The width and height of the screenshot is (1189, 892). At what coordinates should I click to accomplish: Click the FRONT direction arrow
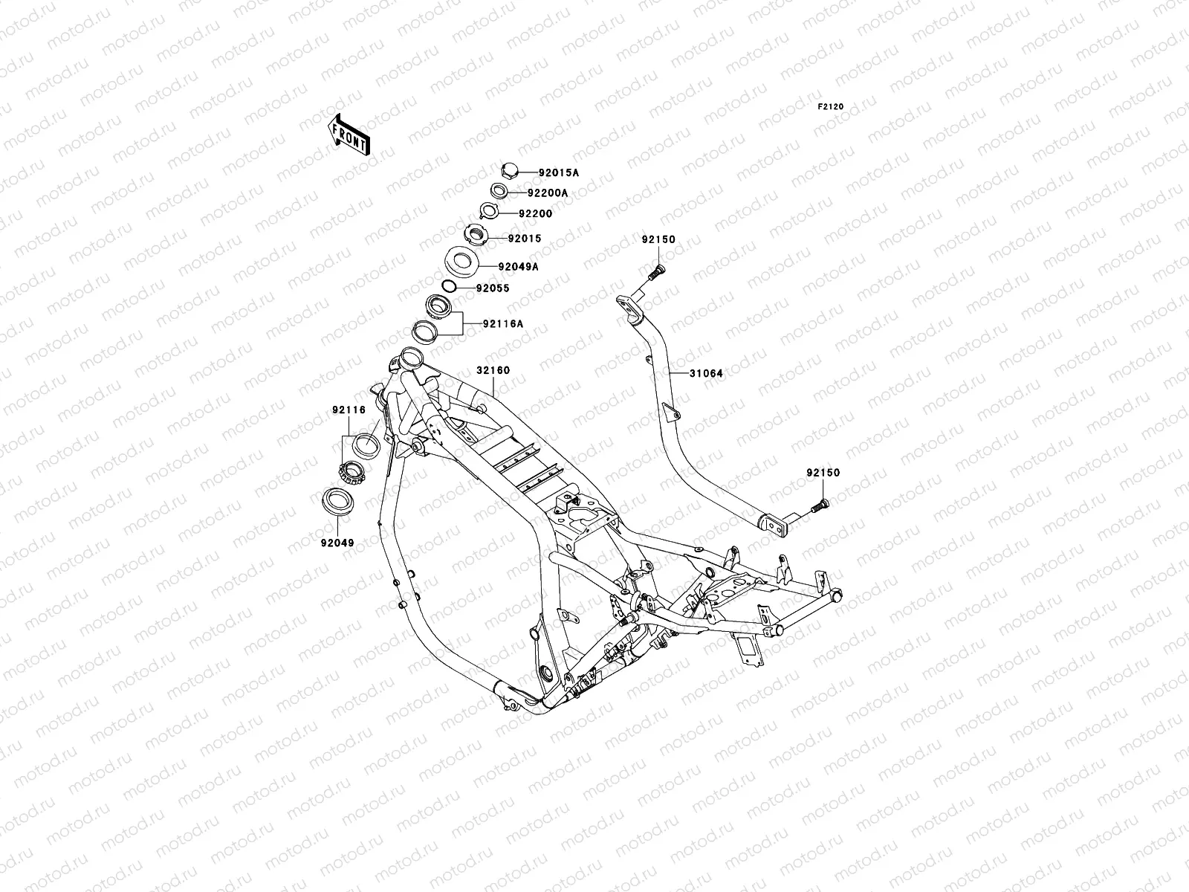pos(349,135)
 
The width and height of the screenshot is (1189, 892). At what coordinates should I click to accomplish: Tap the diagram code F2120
pos(830,107)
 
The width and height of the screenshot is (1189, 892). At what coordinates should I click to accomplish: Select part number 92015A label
pos(559,172)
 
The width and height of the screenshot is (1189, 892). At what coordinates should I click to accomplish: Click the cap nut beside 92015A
pos(509,170)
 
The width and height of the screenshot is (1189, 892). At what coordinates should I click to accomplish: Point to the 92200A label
pos(548,193)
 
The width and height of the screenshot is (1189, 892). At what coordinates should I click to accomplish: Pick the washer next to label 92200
pos(489,210)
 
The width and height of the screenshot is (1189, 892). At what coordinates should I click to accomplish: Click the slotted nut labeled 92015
pos(476,234)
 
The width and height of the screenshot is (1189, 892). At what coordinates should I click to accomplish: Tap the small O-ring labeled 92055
pos(449,285)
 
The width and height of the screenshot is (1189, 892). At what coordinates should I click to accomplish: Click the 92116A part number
pos(503,324)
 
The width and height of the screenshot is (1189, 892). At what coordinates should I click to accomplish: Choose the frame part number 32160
pos(493,370)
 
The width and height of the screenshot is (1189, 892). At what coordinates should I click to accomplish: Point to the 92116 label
pos(349,410)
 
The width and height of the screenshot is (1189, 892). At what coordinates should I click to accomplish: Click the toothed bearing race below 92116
pos(351,472)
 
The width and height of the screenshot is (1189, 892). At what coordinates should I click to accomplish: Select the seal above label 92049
pos(337,502)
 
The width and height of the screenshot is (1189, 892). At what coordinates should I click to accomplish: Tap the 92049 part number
pos(337,543)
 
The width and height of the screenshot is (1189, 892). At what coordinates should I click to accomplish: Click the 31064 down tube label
pos(706,373)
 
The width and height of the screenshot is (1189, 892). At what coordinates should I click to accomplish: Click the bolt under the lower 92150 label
pos(820,506)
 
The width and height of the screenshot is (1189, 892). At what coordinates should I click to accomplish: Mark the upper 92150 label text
pos(658,239)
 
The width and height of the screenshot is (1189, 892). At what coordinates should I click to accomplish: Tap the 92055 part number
pos(493,288)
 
